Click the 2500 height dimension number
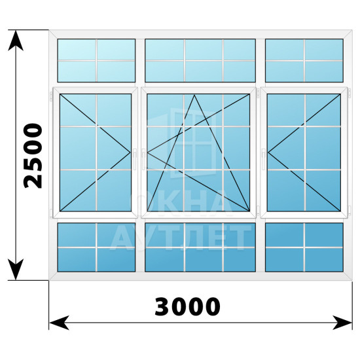point(33,156)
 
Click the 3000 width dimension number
point(187,306)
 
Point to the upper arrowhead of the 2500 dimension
point(16,41)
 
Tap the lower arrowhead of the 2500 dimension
point(16,270)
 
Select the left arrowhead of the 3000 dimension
point(59,323)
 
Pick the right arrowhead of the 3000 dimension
point(342,323)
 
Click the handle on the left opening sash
point(135,159)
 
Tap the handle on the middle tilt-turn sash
point(143,159)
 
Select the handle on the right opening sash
point(263,159)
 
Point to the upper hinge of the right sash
point(350,94)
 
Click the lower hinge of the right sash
point(350,211)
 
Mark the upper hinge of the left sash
point(51,96)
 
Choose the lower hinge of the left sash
point(51,213)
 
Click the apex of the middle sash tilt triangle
point(194,95)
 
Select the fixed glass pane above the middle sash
point(200,60)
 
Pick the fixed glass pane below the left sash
point(96,247)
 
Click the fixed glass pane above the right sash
point(304,60)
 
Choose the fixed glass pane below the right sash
point(304,247)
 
